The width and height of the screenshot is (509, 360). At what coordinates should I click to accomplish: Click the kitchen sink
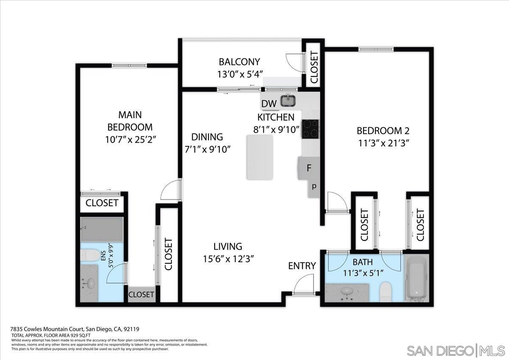coord(288,101)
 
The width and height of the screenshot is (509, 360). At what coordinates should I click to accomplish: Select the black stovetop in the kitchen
coord(310,129)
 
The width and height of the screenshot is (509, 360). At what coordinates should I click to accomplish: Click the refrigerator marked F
coord(308,168)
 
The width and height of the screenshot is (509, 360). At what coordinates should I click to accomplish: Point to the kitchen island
coord(260,157)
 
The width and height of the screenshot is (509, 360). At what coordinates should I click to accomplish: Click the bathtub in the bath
coord(416,278)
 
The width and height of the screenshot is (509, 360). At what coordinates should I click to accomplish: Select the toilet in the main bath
coord(386,292)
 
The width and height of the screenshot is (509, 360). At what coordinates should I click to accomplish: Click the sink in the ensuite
coord(90,283)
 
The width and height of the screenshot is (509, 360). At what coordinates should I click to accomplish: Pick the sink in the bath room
coord(347,291)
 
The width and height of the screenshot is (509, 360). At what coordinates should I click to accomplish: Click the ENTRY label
coord(302,266)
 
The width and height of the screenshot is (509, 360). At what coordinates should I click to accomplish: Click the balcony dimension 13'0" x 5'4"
coord(239,74)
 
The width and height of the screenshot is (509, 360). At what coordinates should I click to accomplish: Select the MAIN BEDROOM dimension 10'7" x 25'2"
coord(130,139)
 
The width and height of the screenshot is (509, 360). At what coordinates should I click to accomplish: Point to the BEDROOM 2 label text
coord(383,130)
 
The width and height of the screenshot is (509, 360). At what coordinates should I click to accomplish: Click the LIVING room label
coord(228,246)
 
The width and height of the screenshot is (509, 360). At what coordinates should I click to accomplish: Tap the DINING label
coord(207,137)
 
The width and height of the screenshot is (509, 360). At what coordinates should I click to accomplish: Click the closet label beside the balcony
coord(314,67)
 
